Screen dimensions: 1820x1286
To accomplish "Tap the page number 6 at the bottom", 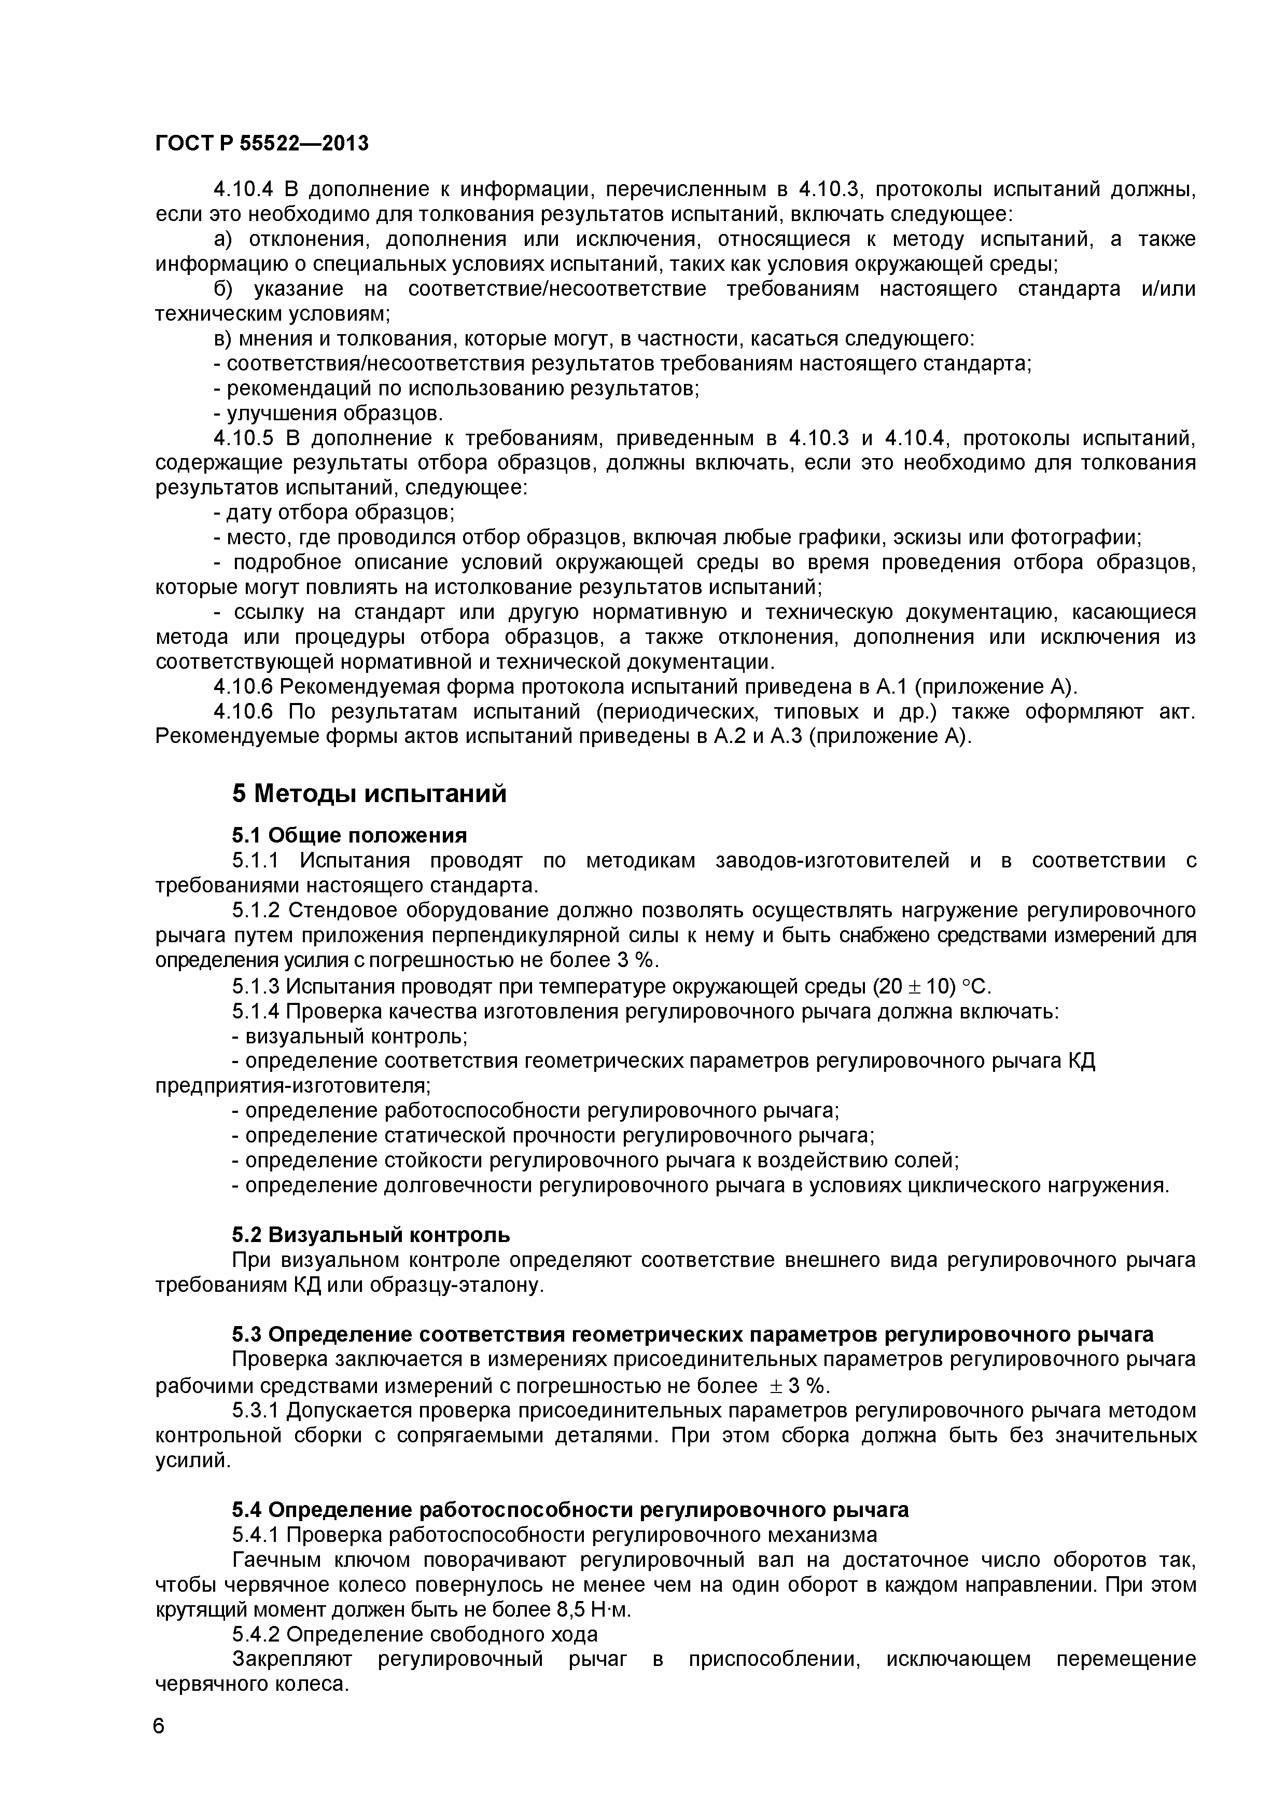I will point(159,1724).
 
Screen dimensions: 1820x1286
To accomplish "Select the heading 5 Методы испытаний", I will point(369,793).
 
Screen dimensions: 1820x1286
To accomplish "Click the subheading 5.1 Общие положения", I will point(348,835).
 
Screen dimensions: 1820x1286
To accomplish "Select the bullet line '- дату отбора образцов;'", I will point(333,513).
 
